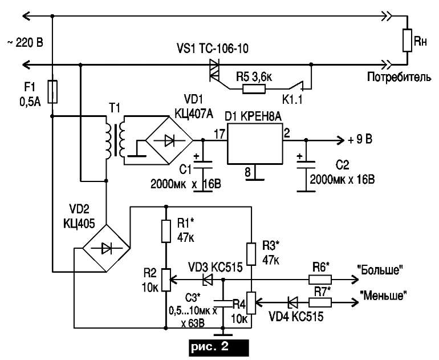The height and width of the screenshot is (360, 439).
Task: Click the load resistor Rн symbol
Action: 407,40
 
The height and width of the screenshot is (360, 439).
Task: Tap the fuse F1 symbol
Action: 52,92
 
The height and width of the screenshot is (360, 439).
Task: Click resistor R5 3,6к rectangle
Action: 254,89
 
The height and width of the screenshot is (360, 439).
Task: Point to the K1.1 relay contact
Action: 298,86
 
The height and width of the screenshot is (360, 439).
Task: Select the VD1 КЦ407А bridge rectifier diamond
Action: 170,140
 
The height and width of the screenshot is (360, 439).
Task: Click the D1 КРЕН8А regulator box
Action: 255,145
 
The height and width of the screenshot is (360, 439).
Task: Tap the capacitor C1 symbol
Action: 204,165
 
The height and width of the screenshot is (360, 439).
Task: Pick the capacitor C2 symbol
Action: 306,165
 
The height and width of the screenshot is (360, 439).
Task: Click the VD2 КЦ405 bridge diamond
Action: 106,248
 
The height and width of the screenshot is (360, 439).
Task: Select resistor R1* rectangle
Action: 166,231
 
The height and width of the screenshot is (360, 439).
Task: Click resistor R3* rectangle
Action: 251,254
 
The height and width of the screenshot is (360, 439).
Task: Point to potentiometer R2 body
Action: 166,280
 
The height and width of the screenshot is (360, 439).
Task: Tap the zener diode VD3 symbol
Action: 207,280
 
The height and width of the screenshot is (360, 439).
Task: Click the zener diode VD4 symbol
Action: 292,302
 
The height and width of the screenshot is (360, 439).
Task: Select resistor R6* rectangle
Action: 320,280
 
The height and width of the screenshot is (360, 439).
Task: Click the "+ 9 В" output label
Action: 360,140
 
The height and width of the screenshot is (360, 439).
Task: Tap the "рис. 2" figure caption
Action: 210,347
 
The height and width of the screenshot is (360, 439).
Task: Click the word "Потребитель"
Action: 400,77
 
